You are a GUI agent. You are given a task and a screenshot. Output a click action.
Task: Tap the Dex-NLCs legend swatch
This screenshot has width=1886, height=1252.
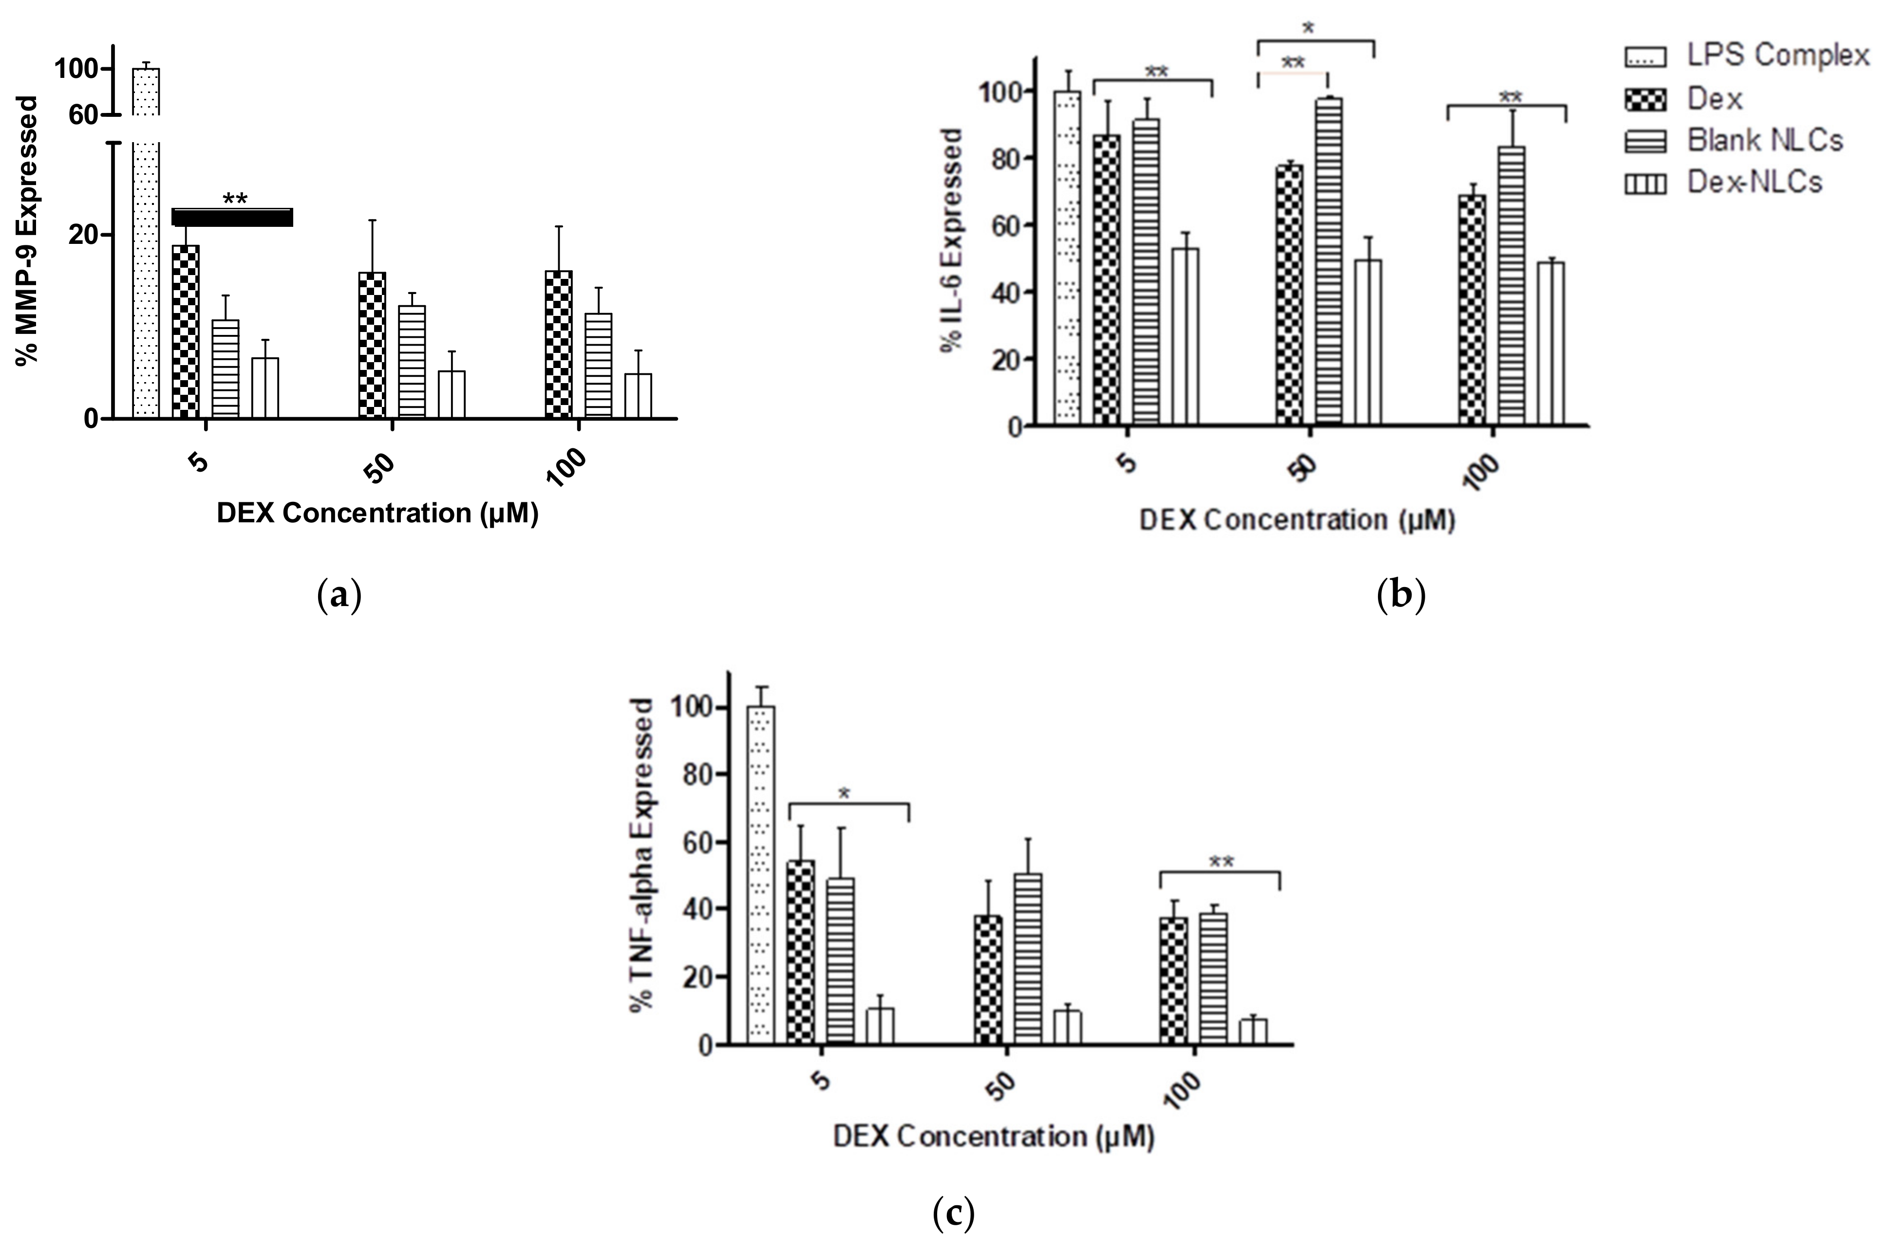coord(1645,184)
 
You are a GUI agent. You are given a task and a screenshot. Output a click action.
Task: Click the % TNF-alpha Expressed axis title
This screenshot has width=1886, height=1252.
coord(641,854)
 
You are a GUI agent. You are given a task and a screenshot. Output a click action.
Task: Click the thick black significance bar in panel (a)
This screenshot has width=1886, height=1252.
coord(232,217)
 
